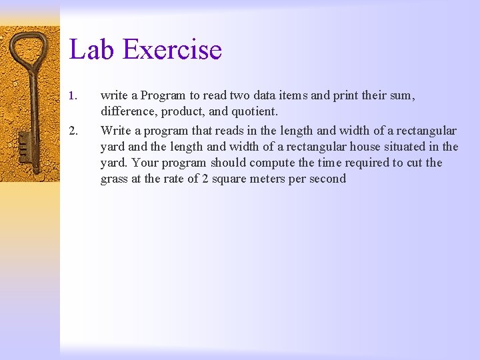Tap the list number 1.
point(73,96)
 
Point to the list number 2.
point(73,131)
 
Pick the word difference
point(129,112)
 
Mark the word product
point(182,112)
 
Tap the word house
point(372,147)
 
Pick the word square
point(228,179)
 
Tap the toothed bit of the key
point(25,150)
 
